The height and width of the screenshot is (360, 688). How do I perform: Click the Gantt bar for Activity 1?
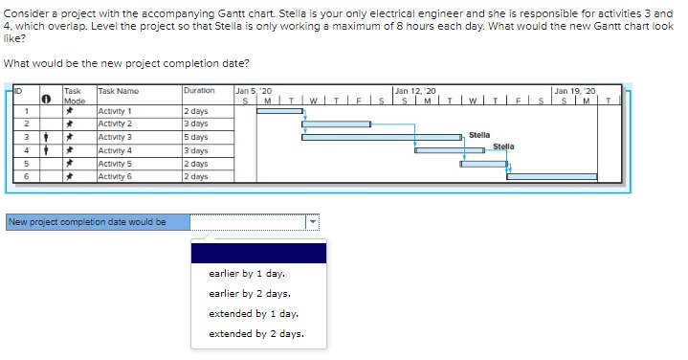(279, 111)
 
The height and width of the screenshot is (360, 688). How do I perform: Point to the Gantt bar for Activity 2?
(334, 124)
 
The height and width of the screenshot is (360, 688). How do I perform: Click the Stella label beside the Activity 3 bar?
(479, 136)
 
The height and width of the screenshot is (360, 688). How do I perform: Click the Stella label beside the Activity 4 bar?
(503, 146)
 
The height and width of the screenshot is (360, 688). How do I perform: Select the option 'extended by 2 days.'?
(256, 334)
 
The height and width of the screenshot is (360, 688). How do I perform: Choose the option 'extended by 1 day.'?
(254, 314)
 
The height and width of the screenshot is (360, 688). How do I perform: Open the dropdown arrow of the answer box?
(312, 222)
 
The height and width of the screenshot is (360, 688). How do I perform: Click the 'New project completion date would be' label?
(87, 222)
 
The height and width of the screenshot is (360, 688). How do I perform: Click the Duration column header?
(198, 91)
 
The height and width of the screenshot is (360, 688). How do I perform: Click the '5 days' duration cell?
(196, 138)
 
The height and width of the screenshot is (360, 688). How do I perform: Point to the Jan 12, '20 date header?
(414, 90)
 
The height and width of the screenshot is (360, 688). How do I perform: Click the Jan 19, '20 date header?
(575, 90)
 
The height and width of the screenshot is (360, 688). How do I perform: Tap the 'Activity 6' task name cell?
(116, 177)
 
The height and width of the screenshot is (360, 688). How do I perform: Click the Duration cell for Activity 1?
(196, 112)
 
